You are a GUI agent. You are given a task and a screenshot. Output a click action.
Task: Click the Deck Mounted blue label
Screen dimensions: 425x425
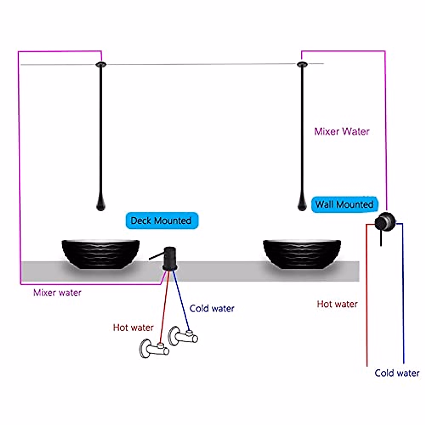click(x=162, y=221)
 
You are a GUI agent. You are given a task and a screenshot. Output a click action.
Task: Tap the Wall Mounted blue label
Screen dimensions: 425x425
click(x=344, y=204)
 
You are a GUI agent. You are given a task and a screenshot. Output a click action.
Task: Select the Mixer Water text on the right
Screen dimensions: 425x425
click(x=342, y=131)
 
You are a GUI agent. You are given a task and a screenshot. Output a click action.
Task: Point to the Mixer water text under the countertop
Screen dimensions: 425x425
click(x=57, y=293)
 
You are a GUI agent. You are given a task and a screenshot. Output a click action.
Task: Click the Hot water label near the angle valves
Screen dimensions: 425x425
click(x=133, y=327)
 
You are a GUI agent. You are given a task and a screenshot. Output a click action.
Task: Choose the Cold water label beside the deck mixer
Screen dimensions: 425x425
click(x=212, y=308)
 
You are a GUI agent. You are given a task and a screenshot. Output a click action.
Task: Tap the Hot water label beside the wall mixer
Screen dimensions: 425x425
click(x=337, y=304)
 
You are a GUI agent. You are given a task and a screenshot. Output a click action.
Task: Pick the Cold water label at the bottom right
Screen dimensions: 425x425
click(x=397, y=373)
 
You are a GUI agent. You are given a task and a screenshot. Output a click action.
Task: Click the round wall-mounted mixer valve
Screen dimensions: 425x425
click(x=385, y=222)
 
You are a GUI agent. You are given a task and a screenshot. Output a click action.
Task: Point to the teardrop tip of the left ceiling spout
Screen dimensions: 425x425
click(x=101, y=204)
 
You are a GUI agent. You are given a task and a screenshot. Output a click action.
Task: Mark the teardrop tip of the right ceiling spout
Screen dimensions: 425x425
click(x=302, y=204)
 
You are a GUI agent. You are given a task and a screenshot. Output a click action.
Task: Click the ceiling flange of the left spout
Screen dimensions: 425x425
click(x=101, y=64)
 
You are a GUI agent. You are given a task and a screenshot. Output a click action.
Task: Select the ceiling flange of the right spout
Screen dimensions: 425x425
click(x=302, y=64)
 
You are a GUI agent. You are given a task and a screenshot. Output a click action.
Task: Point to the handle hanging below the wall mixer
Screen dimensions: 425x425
click(x=381, y=239)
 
